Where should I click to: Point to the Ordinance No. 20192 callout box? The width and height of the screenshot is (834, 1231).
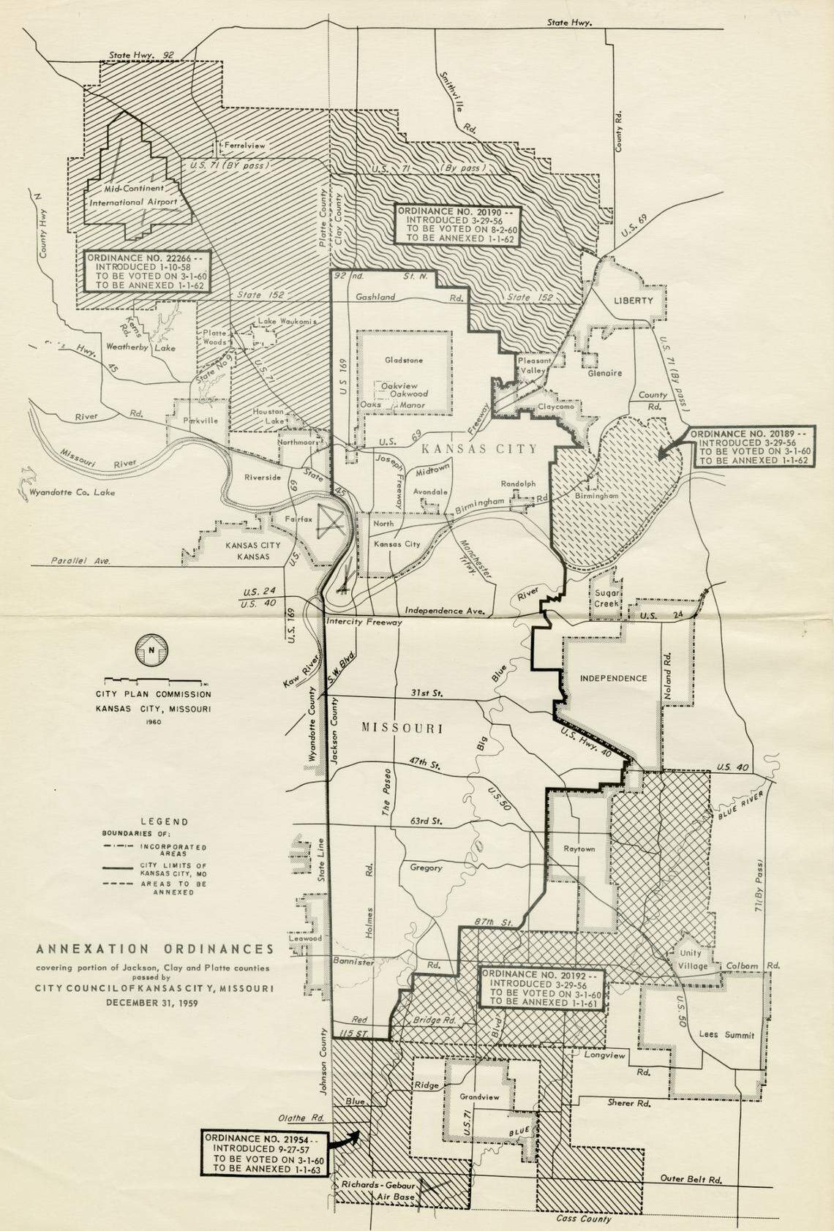click(541, 990)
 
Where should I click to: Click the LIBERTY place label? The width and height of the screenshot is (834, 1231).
click(633, 301)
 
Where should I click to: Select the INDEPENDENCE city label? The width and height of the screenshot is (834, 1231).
click(613, 678)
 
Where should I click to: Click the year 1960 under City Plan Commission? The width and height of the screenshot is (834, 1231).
click(154, 722)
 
